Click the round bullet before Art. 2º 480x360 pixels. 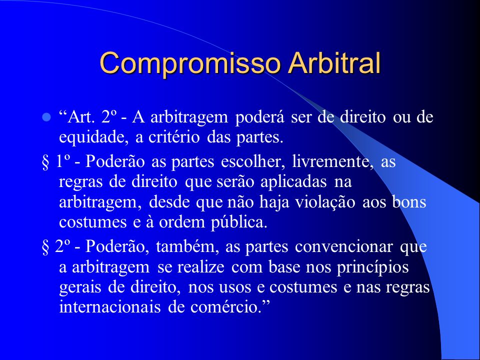46,117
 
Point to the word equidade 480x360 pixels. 93,137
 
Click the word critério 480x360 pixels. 174,137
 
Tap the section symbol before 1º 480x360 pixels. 45,162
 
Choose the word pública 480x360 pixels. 239,222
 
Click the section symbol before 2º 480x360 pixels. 45,247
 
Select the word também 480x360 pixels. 187,246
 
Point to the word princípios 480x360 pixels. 372,267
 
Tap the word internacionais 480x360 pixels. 109,306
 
